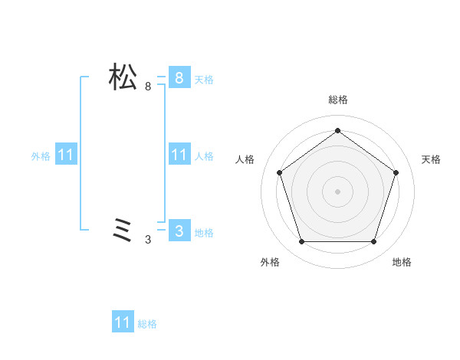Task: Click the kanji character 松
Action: (123, 77)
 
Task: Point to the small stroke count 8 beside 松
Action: (148, 87)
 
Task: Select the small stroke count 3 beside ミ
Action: (148, 240)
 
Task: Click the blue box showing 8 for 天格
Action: (179, 77)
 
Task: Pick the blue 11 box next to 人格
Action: (179, 155)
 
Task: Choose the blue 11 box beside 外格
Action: (66, 155)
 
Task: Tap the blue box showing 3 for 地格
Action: (179, 231)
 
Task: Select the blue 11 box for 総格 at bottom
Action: (123, 322)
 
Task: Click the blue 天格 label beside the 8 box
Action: (204, 79)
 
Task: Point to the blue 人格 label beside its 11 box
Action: (204, 156)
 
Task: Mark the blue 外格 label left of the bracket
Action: (41, 156)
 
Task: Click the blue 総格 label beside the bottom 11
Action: (147, 324)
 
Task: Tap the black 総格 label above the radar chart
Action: (337, 100)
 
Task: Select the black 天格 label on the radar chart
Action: (431, 159)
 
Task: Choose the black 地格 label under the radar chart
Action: (402, 262)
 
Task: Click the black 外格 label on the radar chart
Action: (270, 262)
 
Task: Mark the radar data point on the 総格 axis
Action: (337, 130)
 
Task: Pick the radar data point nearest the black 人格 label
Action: (279, 172)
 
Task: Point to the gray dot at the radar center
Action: (337, 191)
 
